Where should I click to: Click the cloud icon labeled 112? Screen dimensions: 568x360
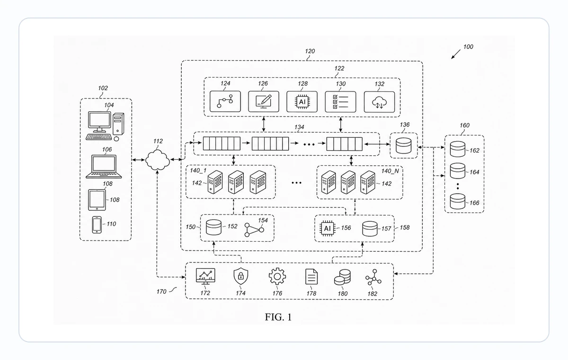(x=158, y=160)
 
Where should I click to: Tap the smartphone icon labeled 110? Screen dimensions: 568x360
(x=97, y=225)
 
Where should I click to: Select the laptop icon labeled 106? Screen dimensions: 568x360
(x=104, y=166)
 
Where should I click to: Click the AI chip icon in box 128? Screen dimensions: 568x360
(x=302, y=102)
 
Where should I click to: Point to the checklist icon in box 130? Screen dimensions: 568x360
(x=340, y=102)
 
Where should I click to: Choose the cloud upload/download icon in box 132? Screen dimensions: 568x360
(x=379, y=102)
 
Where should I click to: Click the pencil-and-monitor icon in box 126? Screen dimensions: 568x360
(x=264, y=101)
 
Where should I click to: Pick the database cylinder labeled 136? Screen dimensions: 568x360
(x=404, y=145)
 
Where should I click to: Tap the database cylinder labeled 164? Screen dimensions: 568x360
(x=458, y=171)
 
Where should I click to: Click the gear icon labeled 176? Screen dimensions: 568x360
(x=277, y=276)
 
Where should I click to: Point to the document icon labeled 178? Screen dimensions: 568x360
(x=311, y=277)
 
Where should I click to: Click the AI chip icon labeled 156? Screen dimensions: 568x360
(x=328, y=228)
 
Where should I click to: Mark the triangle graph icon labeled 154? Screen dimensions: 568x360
(x=254, y=230)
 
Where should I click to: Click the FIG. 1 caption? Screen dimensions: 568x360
(x=278, y=317)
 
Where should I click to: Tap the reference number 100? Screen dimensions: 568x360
(x=468, y=47)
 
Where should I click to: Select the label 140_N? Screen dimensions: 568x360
(x=390, y=171)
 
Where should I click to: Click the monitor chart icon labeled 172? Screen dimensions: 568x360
(x=205, y=276)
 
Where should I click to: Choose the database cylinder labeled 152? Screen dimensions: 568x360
(x=214, y=227)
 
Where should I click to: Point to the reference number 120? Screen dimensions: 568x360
(x=310, y=51)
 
